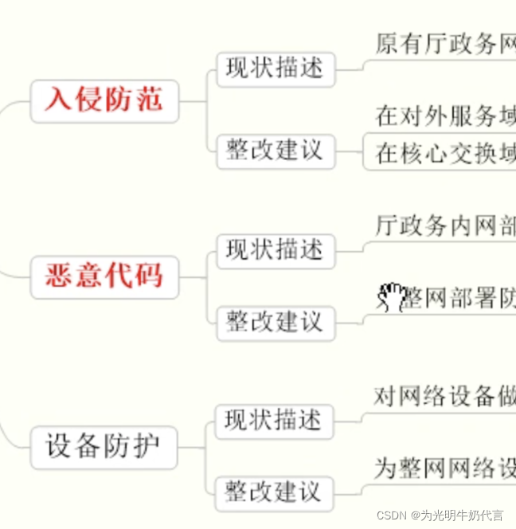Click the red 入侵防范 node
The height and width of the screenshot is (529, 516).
104,100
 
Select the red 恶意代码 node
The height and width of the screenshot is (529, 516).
104,276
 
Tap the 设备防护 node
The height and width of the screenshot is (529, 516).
104,446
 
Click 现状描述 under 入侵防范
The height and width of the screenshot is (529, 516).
276,69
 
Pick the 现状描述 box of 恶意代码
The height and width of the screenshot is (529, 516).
276,250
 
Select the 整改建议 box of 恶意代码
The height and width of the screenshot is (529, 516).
276,322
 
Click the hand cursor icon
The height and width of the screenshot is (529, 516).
391,297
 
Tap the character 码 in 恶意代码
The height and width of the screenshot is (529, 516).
149,276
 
